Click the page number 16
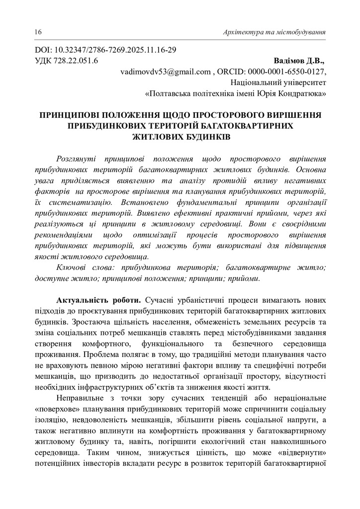[38, 32]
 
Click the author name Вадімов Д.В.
[299, 61]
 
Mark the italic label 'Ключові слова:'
[81, 268]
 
